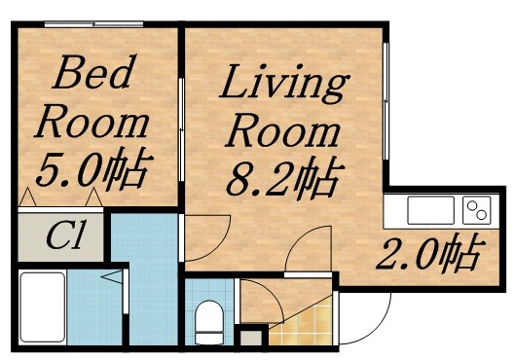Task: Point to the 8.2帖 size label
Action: click(x=284, y=178)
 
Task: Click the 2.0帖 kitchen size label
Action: click(x=428, y=255)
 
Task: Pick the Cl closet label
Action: click(x=64, y=236)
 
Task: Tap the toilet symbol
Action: click(x=208, y=320)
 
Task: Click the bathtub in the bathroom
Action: click(x=43, y=307)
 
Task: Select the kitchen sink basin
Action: click(x=425, y=210)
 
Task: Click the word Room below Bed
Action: click(x=92, y=124)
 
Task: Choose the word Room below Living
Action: click(x=282, y=131)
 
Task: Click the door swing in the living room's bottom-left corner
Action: click(x=206, y=234)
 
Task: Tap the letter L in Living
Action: click(x=234, y=86)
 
